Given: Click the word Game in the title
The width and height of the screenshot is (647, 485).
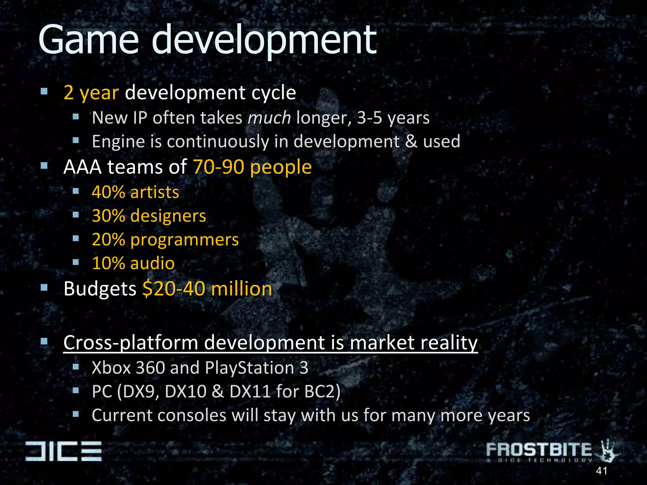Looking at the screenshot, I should coord(88,40).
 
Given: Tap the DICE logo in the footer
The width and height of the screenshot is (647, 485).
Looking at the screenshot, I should coord(63,451).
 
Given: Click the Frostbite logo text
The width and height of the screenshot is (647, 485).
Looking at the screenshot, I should coord(539,450).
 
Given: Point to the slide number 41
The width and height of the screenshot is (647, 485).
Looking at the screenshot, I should coord(602,471).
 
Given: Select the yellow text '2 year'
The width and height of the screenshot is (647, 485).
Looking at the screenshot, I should coord(91,93).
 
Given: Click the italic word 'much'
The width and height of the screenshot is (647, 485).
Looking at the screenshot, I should coord(269,118).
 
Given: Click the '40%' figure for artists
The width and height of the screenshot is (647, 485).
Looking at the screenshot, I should coord(108,192).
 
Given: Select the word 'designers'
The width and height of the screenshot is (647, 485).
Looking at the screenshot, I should coord(168,216).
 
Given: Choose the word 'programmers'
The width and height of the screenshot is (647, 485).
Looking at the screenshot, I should coord(184,240).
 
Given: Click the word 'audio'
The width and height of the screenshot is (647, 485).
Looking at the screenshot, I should coord(152,263).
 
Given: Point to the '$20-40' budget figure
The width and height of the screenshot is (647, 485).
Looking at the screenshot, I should coord(174,289).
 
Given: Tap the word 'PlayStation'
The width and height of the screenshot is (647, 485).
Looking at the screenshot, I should coord(250,368).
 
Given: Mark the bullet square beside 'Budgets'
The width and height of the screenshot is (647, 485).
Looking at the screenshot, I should coord(44,287).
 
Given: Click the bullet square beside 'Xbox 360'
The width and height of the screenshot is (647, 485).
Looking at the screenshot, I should coord(76,367).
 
